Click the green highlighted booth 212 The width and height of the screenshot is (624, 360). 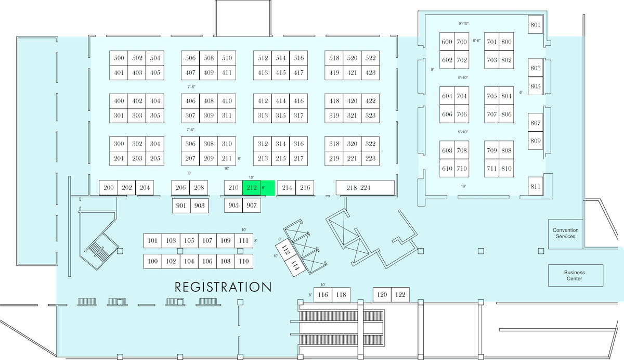[x=252, y=187]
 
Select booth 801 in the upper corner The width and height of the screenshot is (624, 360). [x=536, y=24]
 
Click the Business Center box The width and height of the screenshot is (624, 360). [x=576, y=275]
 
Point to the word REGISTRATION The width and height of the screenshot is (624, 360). [x=223, y=287]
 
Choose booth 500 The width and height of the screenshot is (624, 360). [x=119, y=58]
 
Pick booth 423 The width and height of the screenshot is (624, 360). [x=370, y=73]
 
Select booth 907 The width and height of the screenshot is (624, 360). [x=252, y=205]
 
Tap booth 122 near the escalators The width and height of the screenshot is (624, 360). [x=400, y=294]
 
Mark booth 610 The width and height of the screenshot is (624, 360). [x=447, y=168]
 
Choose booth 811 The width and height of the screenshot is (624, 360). [x=536, y=186]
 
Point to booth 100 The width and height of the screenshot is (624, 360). [x=153, y=261]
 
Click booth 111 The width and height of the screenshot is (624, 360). [x=244, y=240]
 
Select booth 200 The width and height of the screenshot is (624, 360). [x=108, y=187]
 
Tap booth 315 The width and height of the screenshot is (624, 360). [x=280, y=115]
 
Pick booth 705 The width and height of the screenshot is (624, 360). [x=492, y=96]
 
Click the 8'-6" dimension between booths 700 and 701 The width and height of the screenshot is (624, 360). [x=477, y=41]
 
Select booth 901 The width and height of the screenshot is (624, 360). [x=181, y=205]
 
